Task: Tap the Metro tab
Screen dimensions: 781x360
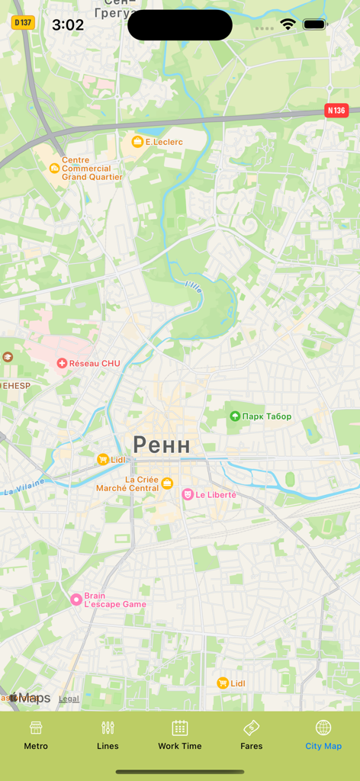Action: pyautogui.click(x=36, y=735)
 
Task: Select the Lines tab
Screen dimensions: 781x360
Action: pyautogui.click(x=108, y=735)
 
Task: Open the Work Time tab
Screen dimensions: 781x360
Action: pyautogui.click(x=180, y=735)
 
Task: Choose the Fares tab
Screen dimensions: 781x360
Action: pyautogui.click(x=251, y=735)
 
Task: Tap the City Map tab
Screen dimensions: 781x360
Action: pyautogui.click(x=323, y=735)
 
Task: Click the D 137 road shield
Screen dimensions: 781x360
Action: pyautogui.click(x=23, y=22)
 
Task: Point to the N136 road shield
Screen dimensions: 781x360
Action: pyautogui.click(x=336, y=111)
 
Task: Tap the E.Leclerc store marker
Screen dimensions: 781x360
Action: pyautogui.click(x=137, y=142)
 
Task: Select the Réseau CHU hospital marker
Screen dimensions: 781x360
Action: pyautogui.click(x=62, y=363)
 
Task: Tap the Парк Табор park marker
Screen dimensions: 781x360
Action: pyautogui.click(x=235, y=416)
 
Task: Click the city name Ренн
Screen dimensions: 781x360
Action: pyautogui.click(x=162, y=444)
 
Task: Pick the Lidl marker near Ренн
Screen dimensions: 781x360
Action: pyautogui.click(x=103, y=459)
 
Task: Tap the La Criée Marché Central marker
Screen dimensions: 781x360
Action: pyautogui.click(x=167, y=483)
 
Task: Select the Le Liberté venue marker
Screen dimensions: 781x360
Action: pyautogui.click(x=187, y=494)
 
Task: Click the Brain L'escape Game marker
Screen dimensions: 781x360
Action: pyautogui.click(x=76, y=599)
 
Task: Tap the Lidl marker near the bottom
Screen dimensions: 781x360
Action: pyautogui.click(x=222, y=683)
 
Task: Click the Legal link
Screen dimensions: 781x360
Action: pyautogui.click(x=69, y=699)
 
